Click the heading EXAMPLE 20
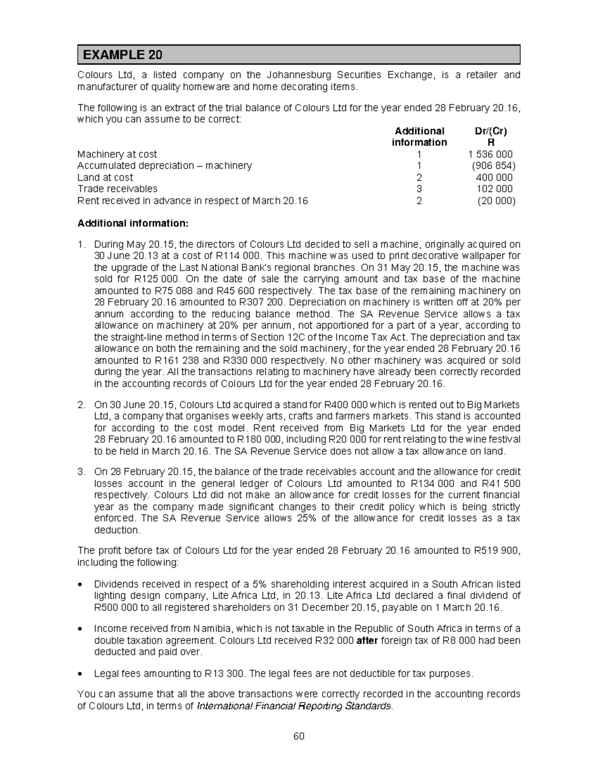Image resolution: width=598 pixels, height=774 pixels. [122, 55]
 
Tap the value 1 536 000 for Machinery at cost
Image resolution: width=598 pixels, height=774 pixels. [490, 155]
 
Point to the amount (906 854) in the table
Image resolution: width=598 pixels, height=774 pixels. [493, 166]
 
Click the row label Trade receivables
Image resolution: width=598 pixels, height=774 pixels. [117, 189]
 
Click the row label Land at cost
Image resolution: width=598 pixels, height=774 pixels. [105, 177]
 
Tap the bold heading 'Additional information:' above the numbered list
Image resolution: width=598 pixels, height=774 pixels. [133, 223]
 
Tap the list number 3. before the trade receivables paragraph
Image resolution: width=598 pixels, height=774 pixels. [82, 472]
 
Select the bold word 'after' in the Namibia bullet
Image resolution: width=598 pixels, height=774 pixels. [367, 640]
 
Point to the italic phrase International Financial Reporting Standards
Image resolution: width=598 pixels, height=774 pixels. [295, 706]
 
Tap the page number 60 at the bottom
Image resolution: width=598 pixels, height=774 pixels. [299, 736]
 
